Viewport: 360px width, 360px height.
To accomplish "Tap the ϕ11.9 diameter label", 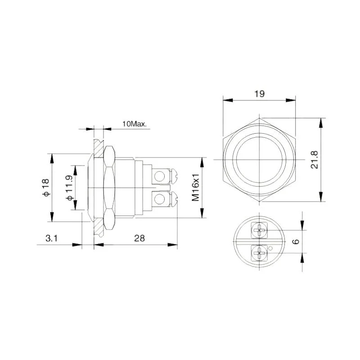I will [70, 188].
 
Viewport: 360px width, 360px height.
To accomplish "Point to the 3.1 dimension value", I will [51, 239].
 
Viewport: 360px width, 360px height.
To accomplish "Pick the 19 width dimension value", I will [259, 94].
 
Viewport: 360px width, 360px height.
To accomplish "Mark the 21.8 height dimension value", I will [315, 160].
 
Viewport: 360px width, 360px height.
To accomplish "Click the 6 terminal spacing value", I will [296, 242].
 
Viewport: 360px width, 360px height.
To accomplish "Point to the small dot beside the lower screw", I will [270, 248].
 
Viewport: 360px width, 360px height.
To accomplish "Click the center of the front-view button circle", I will [259, 160].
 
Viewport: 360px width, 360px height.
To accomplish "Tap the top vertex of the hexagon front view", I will [259, 118].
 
